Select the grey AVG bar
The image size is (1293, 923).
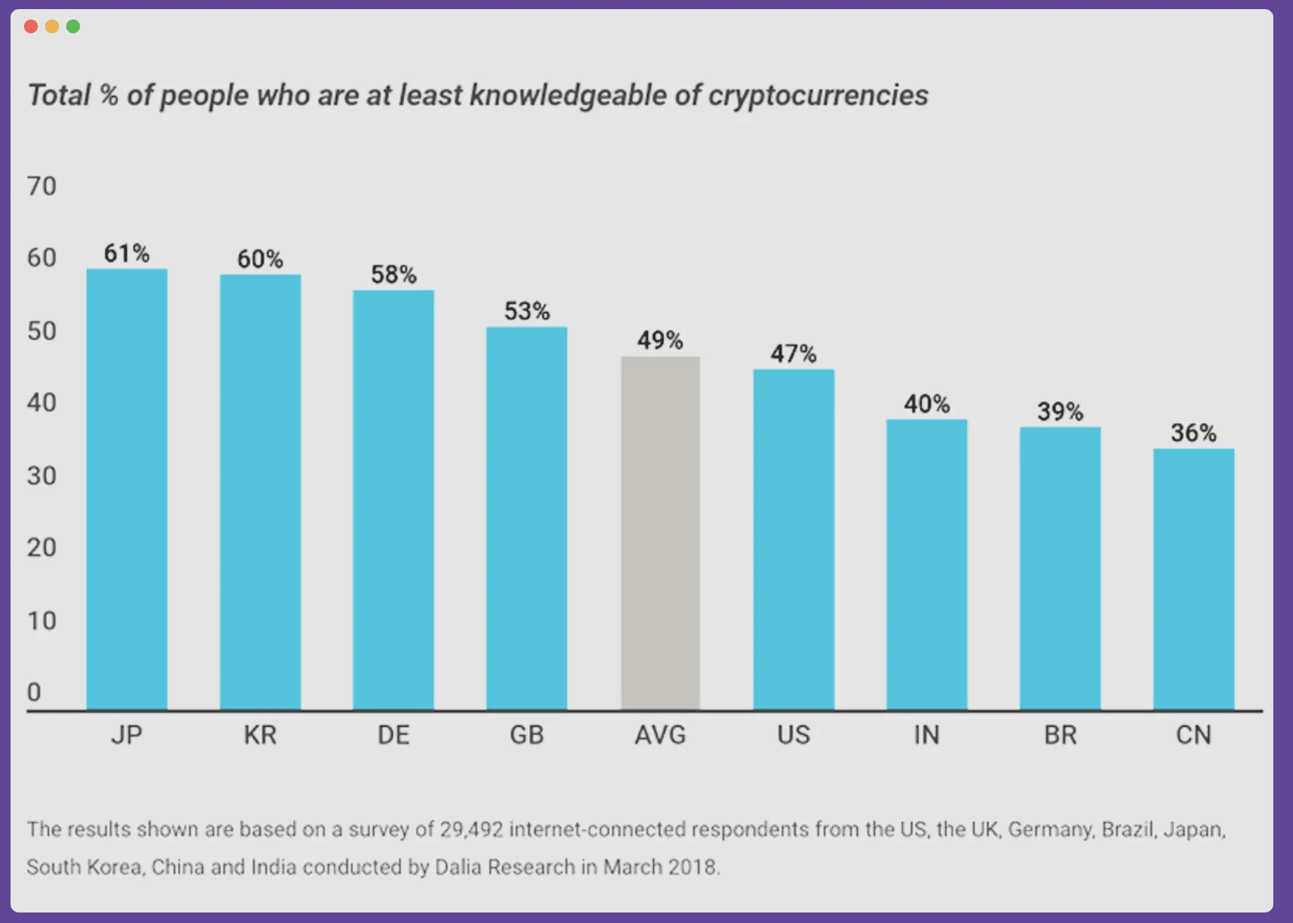click(x=660, y=533)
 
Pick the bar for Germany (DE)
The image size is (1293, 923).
click(x=393, y=499)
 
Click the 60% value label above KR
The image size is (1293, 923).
click(x=260, y=259)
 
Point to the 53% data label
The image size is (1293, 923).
click(x=526, y=311)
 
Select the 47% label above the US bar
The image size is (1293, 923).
click(x=793, y=353)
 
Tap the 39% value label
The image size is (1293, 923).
click(x=1060, y=412)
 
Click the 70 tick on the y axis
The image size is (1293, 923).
click(x=41, y=186)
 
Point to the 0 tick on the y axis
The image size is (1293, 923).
click(x=34, y=693)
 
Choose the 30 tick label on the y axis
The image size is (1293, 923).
click(x=41, y=476)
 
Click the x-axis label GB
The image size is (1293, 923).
click(x=526, y=735)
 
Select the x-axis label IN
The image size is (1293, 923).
click(x=926, y=735)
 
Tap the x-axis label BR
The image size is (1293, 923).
click(x=1060, y=735)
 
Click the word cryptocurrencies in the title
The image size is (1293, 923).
click(x=818, y=96)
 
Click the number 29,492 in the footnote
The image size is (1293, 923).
click(x=472, y=830)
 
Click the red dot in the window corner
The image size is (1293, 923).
click(x=31, y=27)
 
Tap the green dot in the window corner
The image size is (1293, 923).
click(x=73, y=27)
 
